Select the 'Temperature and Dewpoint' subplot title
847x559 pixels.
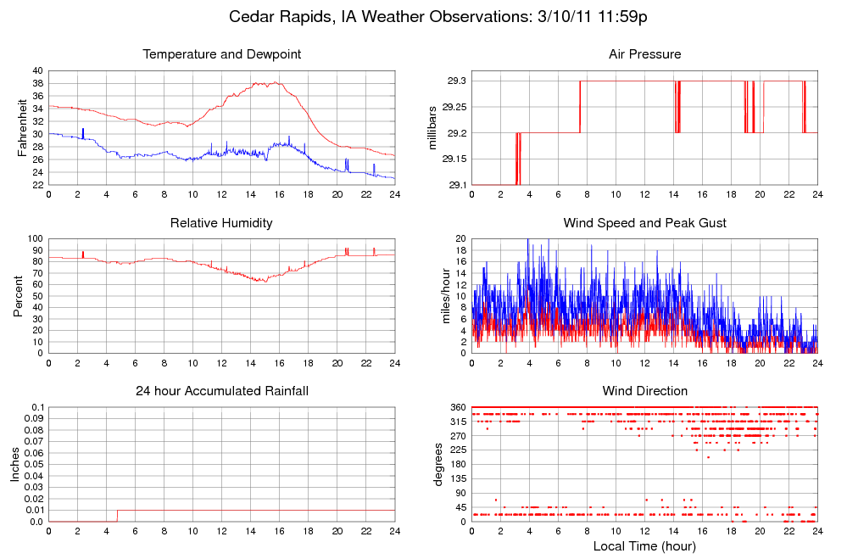click(x=222, y=54)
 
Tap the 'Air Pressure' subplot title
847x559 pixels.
click(x=644, y=54)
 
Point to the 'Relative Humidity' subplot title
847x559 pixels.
click(x=222, y=223)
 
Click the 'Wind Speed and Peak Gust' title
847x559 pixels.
click(x=644, y=223)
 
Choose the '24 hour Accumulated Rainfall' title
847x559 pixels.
click(x=222, y=391)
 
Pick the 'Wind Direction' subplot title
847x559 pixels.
click(x=644, y=391)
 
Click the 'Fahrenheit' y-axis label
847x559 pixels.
click(x=22, y=127)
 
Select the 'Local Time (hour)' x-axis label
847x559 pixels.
click(x=644, y=545)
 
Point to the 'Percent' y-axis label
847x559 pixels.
click(x=18, y=296)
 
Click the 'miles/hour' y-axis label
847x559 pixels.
click(x=443, y=296)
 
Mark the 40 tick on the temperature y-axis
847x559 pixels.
click(x=37, y=70)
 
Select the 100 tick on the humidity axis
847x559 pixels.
click(x=35, y=238)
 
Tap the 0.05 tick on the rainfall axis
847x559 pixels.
click(x=32, y=465)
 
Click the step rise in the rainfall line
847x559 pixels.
click(x=117, y=516)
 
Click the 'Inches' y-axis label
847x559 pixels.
click(x=14, y=464)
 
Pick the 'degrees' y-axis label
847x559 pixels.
click(x=438, y=464)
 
